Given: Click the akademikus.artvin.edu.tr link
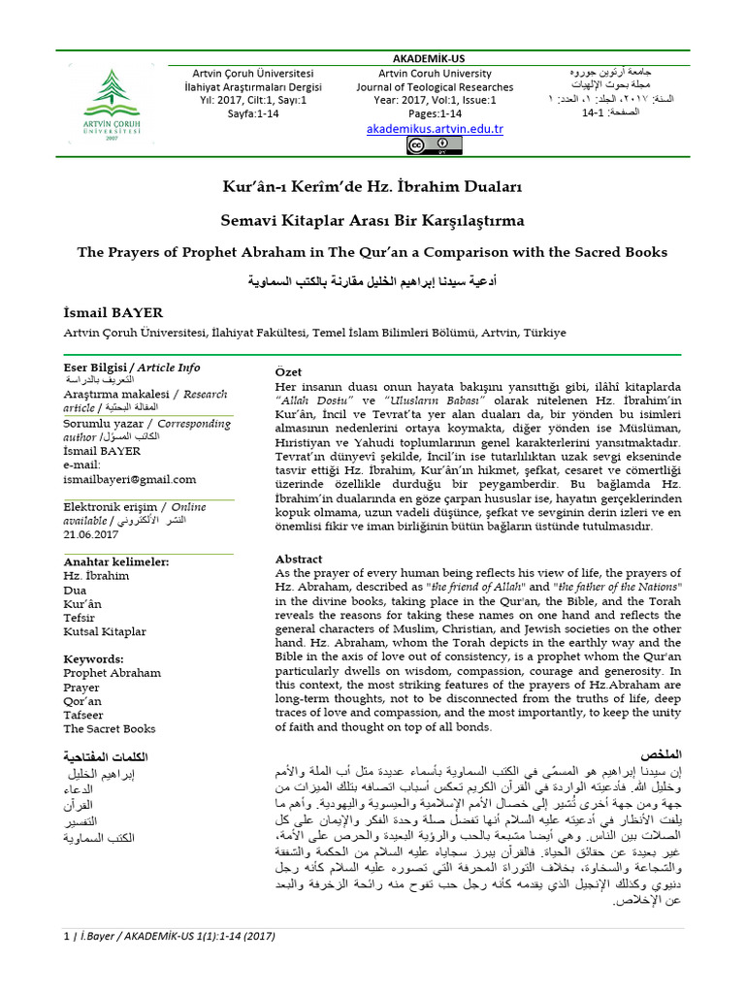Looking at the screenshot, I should click(435, 129).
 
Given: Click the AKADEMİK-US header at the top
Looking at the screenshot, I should click(434, 58).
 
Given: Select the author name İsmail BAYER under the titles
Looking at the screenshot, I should click(113, 313).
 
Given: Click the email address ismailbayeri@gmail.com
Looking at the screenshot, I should click(130, 479).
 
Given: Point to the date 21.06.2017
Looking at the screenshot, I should click(91, 534).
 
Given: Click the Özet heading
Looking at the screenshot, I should click(289, 372).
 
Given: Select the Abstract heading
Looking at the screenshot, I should click(299, 559).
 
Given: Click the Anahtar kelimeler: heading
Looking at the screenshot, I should click(115, 561).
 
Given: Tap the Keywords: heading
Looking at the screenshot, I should click(93, 658).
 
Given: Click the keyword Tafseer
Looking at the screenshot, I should click(83, 715).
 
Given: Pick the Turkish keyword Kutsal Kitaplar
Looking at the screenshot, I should click(105, 631).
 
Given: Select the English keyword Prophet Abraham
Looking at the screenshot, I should click(113, 672).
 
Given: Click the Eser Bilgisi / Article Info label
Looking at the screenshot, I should click(132, 368).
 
